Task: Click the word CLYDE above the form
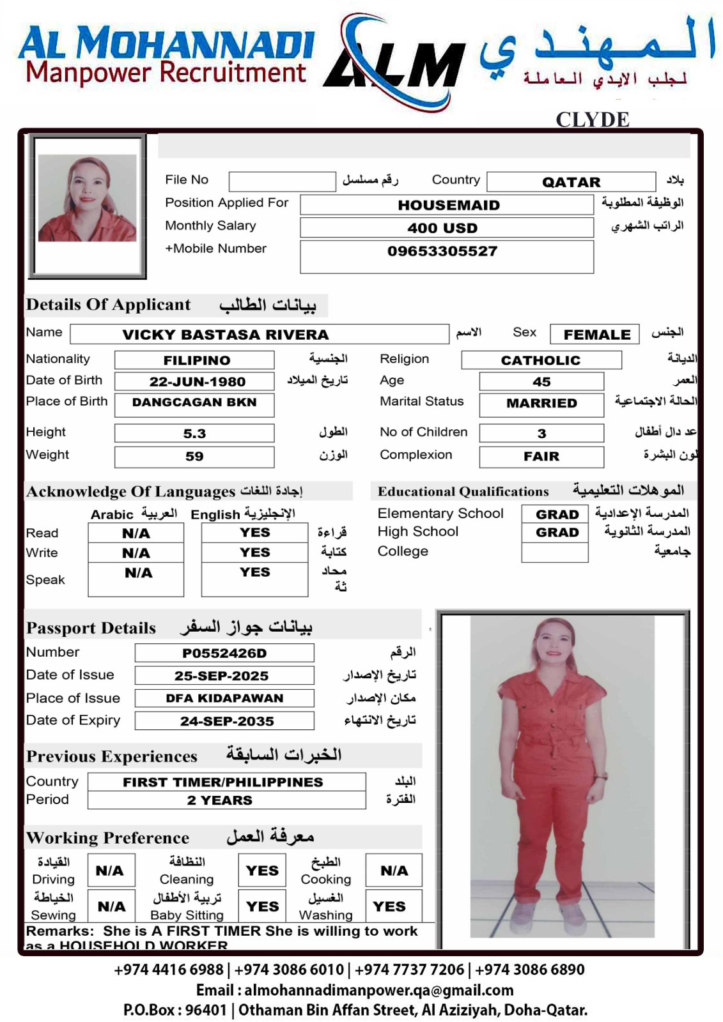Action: (x=592, y=119)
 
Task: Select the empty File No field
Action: (x=282, y=181)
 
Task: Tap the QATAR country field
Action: (x=571, y=182)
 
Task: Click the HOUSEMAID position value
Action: (x=447, y=205)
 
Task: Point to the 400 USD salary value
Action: (x=442, y=228)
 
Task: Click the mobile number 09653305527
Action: (x=442, y=252)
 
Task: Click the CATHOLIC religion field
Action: (x=541, y=360)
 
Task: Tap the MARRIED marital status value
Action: (x=541, y=404)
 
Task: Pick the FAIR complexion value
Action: (x=541, y=457)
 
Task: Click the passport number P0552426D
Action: (x=224, y=653)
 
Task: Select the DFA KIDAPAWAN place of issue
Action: (x=224, y=698)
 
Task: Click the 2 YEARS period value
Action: (x=219, y=800)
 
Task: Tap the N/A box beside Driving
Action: (x=110, y=870)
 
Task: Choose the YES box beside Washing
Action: (x=389, y=906)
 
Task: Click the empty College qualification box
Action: (x=554, y=553)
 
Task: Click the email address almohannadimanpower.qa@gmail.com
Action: (x=378, y=990)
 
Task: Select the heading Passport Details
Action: (x=91, y=628)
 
